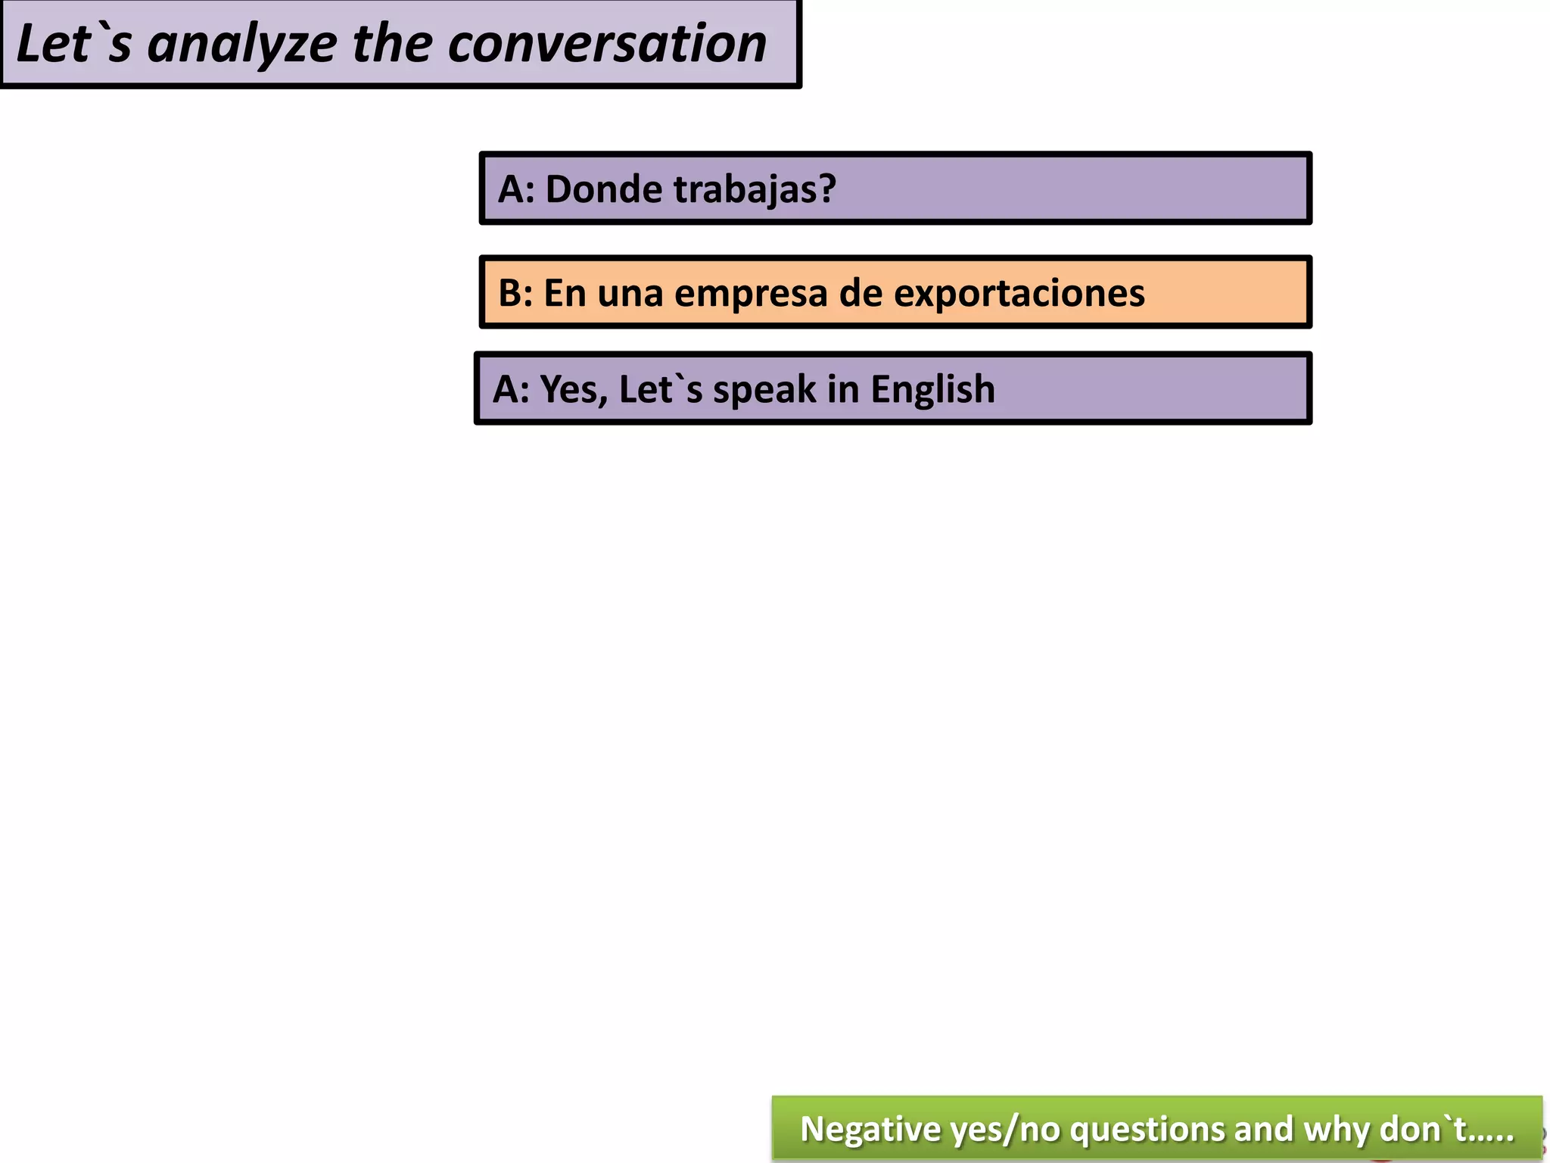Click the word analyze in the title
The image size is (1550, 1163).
click(x=242, y=44)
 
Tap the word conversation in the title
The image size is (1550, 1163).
click(x=607, y=44)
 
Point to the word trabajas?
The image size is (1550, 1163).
click(x=755, y=189)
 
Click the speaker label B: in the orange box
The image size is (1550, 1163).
click(x=515, y=293)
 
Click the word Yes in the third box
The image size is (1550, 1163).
click(x=572, y=389)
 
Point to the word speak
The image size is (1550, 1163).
click(x=764, y=389)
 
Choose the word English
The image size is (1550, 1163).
click(x=932, y=389)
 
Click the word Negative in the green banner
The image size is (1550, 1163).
click(x=870, y=1129)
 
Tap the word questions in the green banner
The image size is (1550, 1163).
click(x=1147, y=1129)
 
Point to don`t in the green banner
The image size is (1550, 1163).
click(x=1423, y=1129)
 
